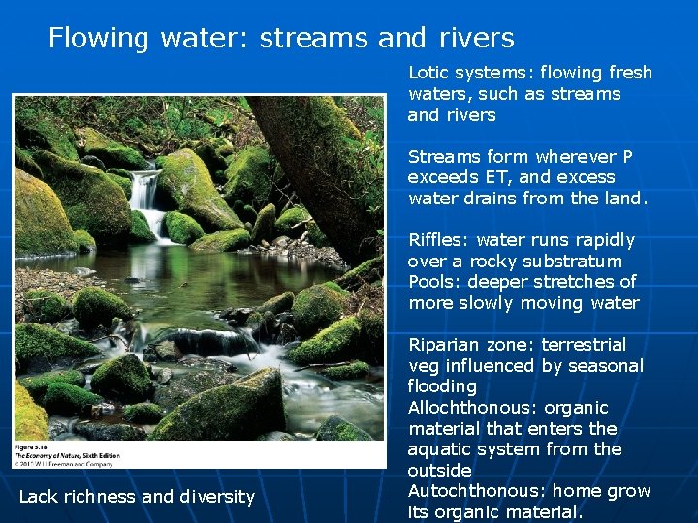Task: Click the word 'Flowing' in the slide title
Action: (x=98, y=39)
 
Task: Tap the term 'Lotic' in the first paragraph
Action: (x=429, y=73)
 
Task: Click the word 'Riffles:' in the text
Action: (x=438, y=240)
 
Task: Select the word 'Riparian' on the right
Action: (x=443, y=345)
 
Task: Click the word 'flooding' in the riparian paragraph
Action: (x=442, y=386)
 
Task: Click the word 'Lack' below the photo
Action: (x=39, y=497)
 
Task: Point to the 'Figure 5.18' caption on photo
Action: (x=34, y=446)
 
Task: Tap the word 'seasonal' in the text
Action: (x=607, y=366)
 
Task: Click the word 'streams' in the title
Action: (x=314, y=39)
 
